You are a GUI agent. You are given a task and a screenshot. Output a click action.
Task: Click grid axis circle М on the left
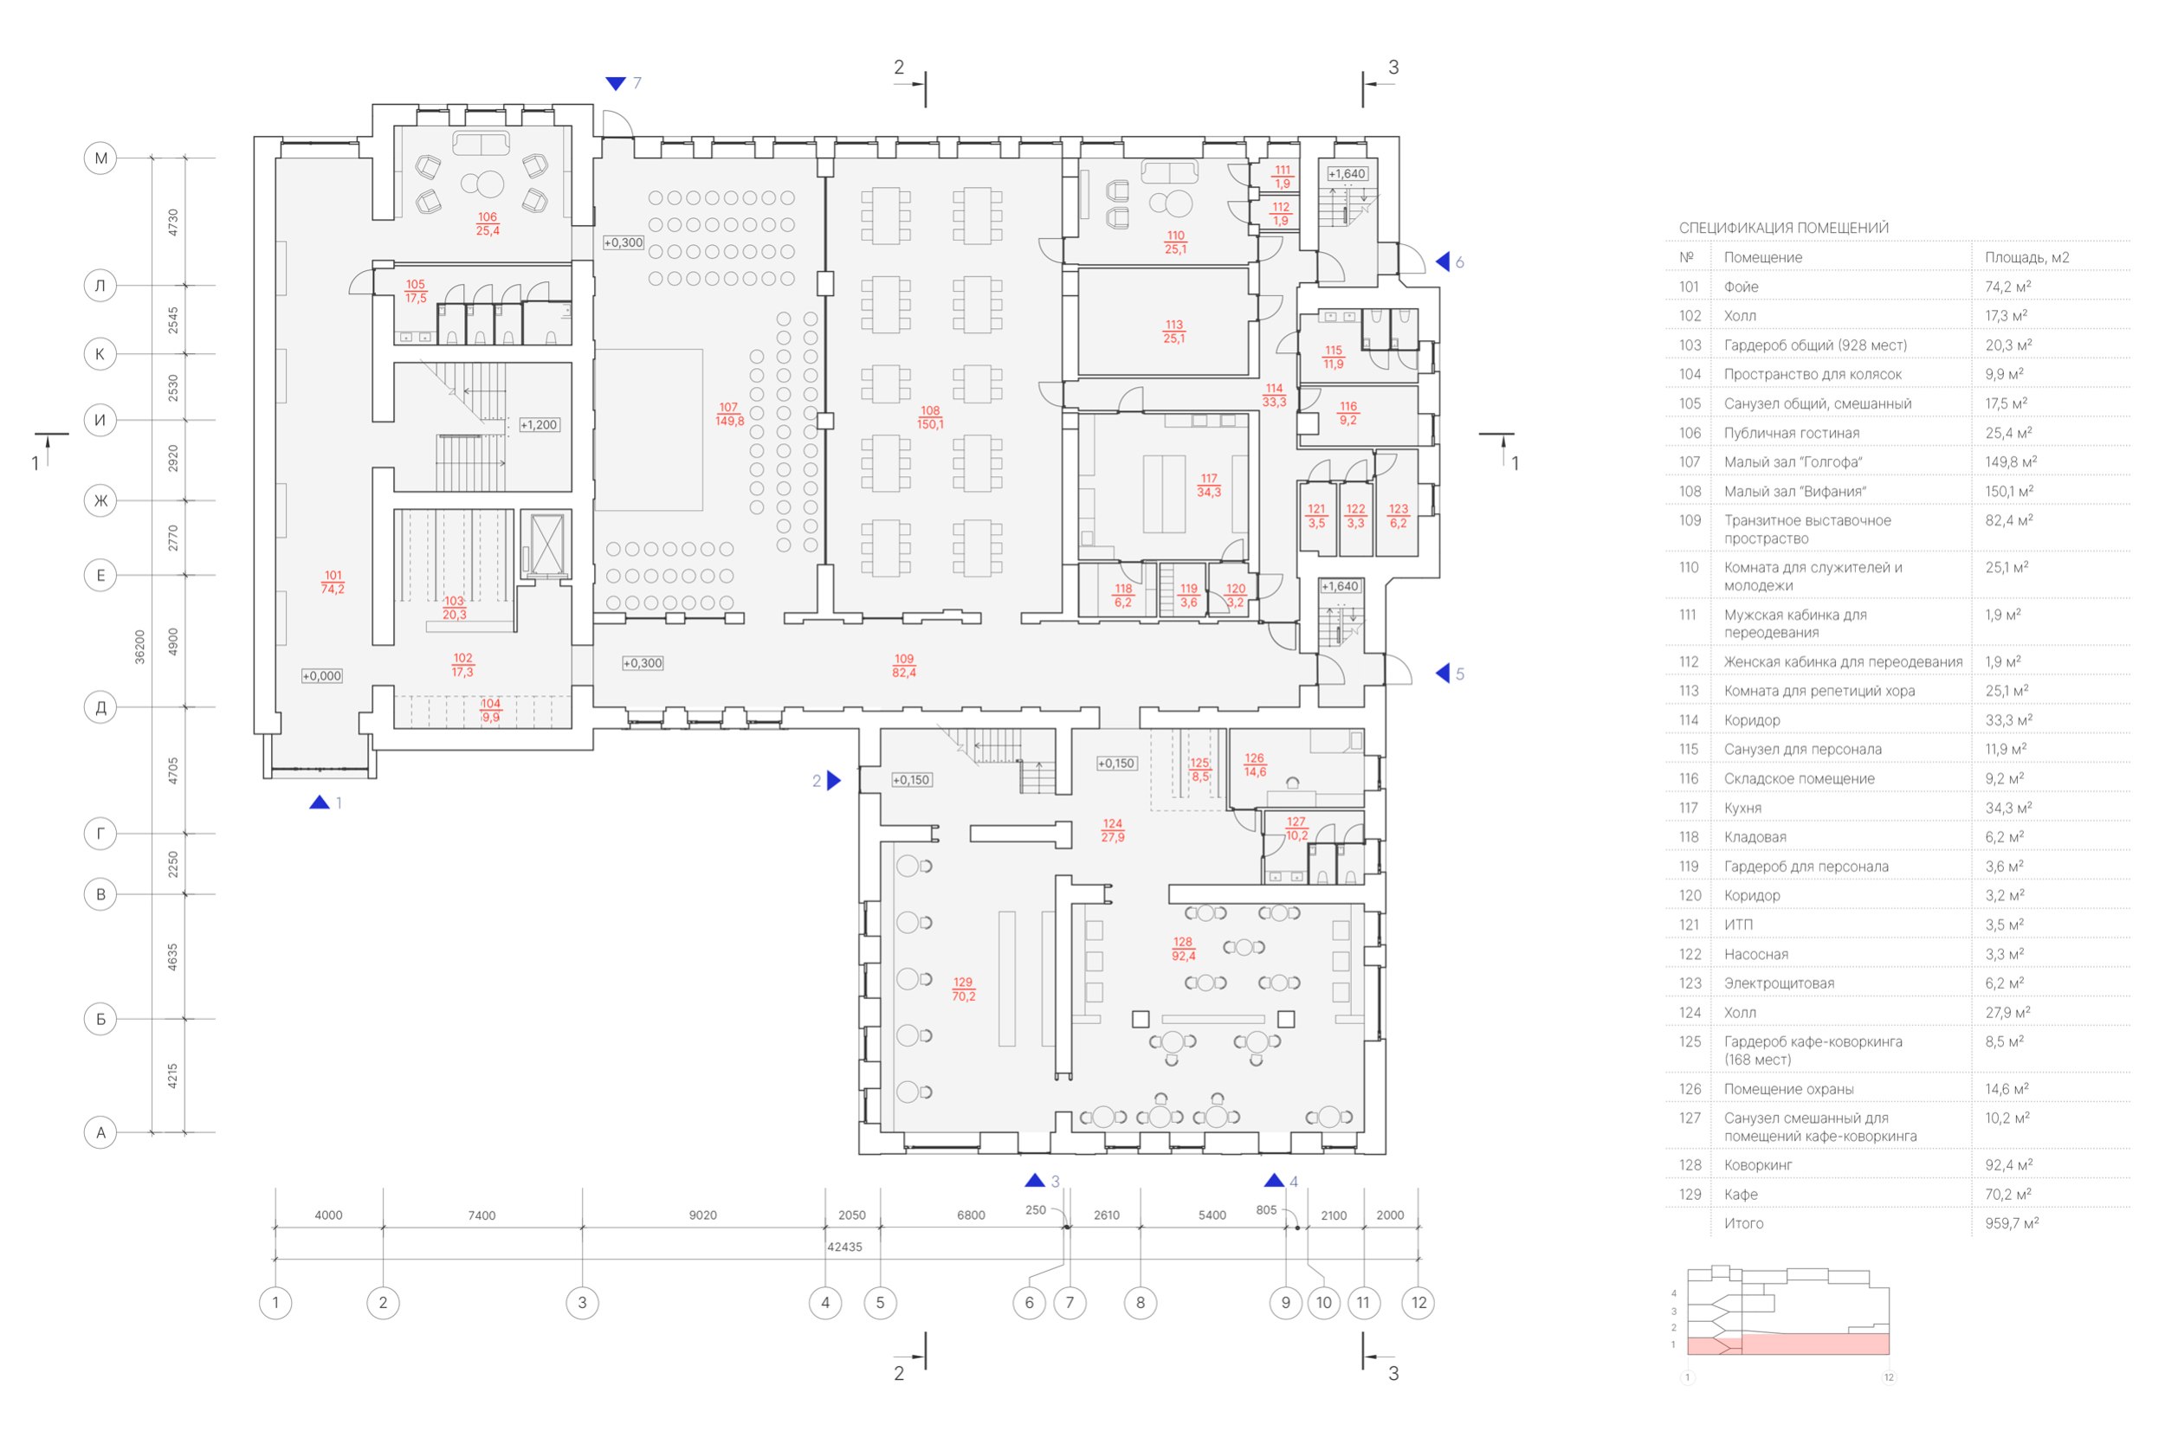[x=100, y=158]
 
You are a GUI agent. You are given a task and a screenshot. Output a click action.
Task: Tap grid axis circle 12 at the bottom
[x=1418, y=1302]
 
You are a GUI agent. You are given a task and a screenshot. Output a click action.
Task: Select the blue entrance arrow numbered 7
[x=616, y=84]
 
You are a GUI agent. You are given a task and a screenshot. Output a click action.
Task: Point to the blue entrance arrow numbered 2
[x=834, y=781]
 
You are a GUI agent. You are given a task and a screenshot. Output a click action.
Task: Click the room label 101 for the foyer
[x=333, y=576]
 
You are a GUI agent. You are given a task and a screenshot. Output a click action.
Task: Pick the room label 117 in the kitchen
[x=1209, y=479]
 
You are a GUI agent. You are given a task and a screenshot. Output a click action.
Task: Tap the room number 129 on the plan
[x=963, y=983]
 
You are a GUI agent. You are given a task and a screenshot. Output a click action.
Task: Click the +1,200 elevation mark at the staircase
[x=539, y=425]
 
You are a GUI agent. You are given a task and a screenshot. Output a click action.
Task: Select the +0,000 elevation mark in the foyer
[x=321, y=676]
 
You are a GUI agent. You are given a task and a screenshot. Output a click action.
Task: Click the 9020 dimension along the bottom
[x=703, y=1215]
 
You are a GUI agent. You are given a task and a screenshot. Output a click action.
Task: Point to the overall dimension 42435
[x=845, y=1247]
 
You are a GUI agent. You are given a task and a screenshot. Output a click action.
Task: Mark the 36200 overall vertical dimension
[x=140, y=647]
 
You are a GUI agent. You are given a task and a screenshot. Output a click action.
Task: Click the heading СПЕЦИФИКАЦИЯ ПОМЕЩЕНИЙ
[x=1784, y=228]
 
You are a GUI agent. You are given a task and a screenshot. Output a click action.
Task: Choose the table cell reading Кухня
[x=1743, y=808]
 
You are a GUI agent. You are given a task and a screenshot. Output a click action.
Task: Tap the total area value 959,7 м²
[x=2012, y=1223]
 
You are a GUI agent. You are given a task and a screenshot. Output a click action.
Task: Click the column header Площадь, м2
[x=2026, y=258]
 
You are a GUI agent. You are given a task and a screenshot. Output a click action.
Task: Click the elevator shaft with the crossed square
[x=546, y=545]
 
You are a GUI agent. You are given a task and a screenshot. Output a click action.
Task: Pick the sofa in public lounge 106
[x=481, y=144]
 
